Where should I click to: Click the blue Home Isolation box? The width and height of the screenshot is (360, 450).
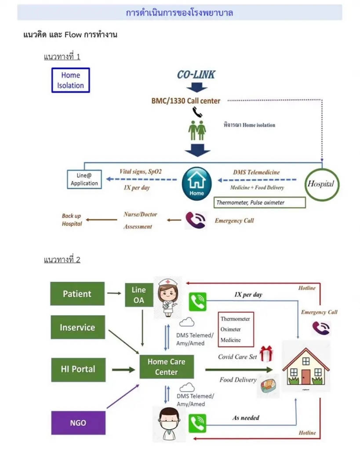tap(70, 80)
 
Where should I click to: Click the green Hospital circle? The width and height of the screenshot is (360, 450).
tap(320, 184)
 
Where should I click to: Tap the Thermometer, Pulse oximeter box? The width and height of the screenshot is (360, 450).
tap(259, 203)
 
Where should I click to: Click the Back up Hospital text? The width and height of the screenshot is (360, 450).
tap(72, 220)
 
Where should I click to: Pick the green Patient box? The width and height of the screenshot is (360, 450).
tap(77, 294)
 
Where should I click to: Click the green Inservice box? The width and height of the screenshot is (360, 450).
tap(77, 327)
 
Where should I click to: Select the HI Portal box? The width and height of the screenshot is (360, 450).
tap(77, 368)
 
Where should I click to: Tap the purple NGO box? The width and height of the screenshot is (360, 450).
tap(78, 423)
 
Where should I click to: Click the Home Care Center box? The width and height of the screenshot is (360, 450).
tap(166, 367)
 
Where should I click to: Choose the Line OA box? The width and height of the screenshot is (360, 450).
tap(138, 294)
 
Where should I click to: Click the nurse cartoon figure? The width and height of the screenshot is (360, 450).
tap(167, 297)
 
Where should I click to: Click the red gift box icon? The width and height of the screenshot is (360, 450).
tap(266, 354)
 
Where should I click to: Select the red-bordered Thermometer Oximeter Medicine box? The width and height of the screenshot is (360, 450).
tap(236, 329)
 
